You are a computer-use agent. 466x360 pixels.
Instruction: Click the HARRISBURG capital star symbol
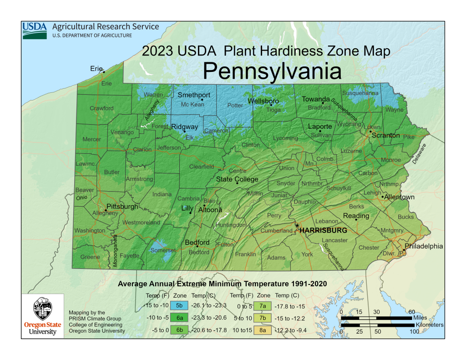click(297, 225)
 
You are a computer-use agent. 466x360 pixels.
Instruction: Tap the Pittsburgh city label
click(122, 207)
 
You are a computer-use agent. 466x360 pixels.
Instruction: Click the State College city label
click(237, 179)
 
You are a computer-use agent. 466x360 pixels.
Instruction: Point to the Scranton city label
click(385, 136)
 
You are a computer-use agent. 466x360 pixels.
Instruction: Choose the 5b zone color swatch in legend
click(179, 305)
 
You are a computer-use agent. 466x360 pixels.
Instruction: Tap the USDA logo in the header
click(35, 30)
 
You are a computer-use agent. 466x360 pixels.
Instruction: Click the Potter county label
click(235, 106)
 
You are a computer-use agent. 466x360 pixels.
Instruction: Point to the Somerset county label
click(163, 250)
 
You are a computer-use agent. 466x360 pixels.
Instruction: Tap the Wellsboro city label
click(263, 101)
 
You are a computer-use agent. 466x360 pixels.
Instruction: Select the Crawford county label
click(101, 108)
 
